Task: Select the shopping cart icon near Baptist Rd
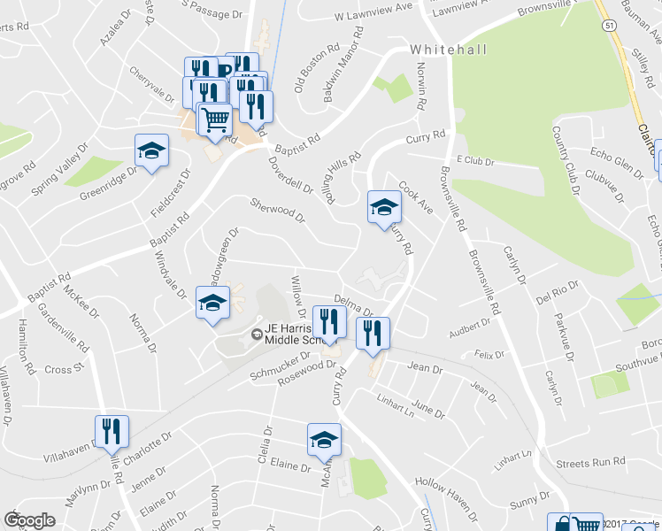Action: pyautogui.click(x=215, y=118)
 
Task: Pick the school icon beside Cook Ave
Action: pyautogui.click(x=384, y=207)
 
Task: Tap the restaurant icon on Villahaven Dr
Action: pyautogui.click(x=112, y=432)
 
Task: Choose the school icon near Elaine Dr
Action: pyautogui.click(x=324, y=439)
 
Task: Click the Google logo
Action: pyautogui.click(x=29, y=520)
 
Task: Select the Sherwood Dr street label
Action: pyautogui.click(x=278, y=209)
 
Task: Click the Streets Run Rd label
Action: pyautogui.click(x=590, y=463)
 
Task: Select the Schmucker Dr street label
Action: pyautogui.click(x=280, y=369)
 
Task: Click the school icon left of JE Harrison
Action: pyautogui.click(x=213, y=303)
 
